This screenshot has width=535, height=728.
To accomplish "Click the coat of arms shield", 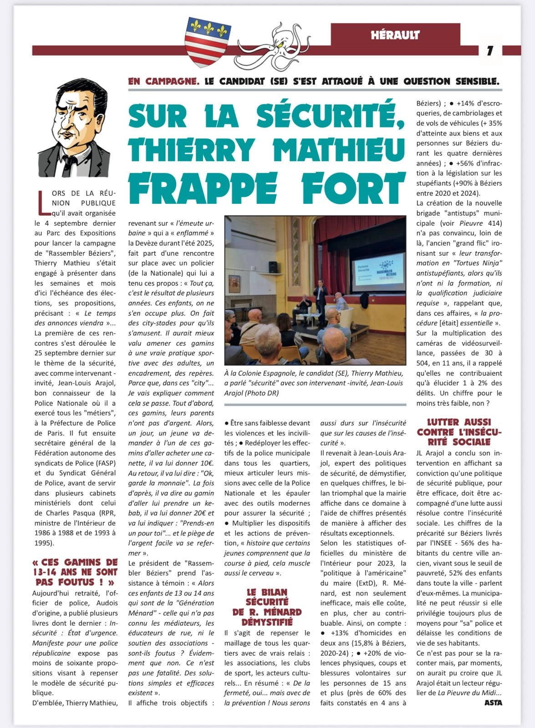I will pos(207,41).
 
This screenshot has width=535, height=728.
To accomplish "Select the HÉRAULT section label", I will pos(395,35).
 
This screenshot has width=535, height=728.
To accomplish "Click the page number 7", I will pos(490,51).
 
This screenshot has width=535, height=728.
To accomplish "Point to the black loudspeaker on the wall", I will pos(273,267).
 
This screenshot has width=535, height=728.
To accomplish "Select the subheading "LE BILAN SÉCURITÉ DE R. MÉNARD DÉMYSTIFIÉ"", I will pos(267,607).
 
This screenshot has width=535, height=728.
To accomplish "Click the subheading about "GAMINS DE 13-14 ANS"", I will pos(75,571).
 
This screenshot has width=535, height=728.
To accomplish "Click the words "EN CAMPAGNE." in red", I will pos(163,82).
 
